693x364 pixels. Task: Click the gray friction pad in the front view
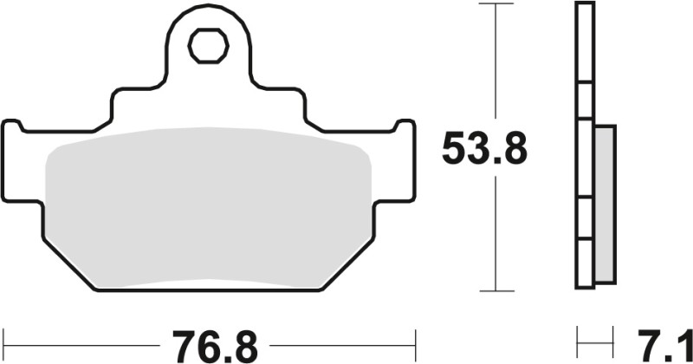[208, 208]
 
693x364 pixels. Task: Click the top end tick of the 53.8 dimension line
[495, 5]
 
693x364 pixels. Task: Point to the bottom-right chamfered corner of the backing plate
[351, 261]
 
